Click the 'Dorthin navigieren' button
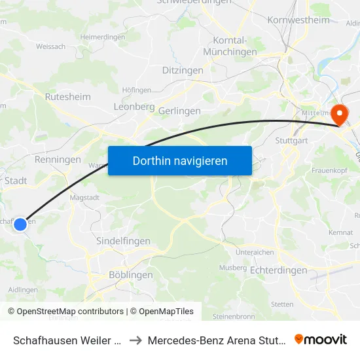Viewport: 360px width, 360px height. click(180, 160)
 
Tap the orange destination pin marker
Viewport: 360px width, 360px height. click(340, 115)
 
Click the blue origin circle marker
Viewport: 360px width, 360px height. click(20, 224)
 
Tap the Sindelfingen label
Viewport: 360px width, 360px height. click(123, 241)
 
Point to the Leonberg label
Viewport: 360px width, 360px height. click(134, 106)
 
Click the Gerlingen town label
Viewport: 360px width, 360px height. click(179, 111)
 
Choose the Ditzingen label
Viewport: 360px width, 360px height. click(183, 70)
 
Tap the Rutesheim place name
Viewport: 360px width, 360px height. click(67, 96)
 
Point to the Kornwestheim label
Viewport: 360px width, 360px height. click(299, 20)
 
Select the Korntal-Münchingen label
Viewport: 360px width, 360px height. click(230, 46)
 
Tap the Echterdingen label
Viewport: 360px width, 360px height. click(279, 270)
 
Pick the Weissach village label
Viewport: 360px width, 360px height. click(50, 46)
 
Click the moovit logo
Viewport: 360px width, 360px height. click(321, 339)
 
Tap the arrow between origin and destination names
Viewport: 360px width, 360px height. click(134, 340)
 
